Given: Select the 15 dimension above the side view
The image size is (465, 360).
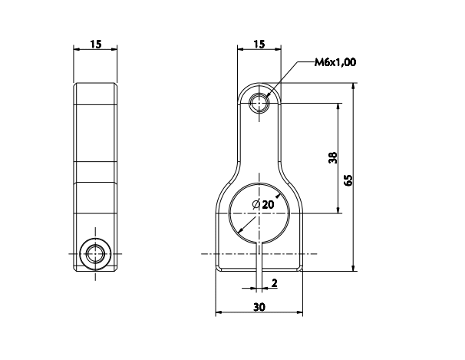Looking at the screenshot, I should (96, 45).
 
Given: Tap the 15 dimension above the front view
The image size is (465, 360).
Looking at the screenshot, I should (259, 45).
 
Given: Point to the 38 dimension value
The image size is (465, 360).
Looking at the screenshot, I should (331, 157).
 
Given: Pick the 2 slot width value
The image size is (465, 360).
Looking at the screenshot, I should (275, 284).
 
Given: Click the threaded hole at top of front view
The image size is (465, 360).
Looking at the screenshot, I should (260, 101).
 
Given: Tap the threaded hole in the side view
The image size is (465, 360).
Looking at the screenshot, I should (96, 253).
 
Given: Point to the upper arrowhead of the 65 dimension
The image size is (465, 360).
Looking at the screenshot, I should (353, 88).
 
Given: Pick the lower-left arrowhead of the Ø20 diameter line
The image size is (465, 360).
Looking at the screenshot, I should (240, 231).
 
